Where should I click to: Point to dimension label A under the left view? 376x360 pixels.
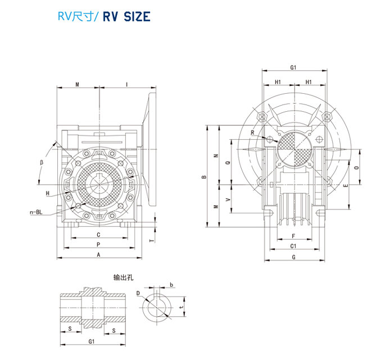[x=99, y=254]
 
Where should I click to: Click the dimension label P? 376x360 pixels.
[x=99, y=244]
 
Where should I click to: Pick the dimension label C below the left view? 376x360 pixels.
[x=99, y=234]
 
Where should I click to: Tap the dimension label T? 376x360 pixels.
[x=151, y=239]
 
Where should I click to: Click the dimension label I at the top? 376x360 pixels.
[x=127, y=84]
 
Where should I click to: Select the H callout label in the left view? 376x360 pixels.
[x=48, y=193]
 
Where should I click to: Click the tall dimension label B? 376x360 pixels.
[x=205, y=177]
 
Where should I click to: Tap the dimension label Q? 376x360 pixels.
[x=227, y=162]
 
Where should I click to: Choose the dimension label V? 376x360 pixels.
[x=228, y=199]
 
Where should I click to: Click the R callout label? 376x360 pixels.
[x=253, y=133]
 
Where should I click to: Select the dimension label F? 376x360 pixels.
[x=293, y=236]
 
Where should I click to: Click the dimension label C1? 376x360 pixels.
[x=293, y=246]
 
